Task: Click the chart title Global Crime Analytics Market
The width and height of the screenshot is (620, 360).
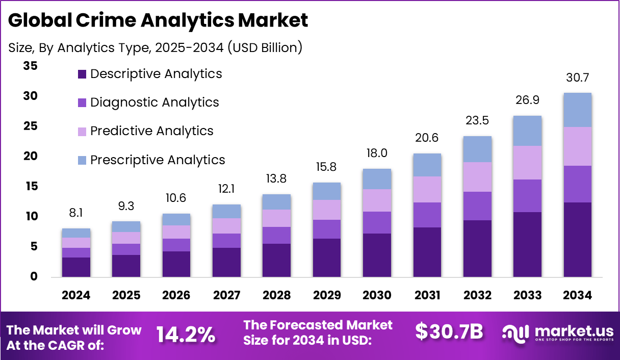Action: [x=158, y=20]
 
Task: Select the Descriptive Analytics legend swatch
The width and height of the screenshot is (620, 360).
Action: [x=82, y=74]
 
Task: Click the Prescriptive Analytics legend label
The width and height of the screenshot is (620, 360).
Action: [x=158, y=160]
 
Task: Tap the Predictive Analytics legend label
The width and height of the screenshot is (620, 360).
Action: [x=151, y=131]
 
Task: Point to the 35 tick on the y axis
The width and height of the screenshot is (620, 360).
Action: [x=31, y=66]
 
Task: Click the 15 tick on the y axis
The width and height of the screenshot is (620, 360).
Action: [x=31, y=187]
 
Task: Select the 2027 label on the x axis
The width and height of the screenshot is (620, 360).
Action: [x=226, y=296]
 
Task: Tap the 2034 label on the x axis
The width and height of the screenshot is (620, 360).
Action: [x=578, y=296]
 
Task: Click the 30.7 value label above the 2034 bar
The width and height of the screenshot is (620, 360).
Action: [x=578, y=79]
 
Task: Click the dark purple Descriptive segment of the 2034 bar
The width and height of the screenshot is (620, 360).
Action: [x=578, y=240]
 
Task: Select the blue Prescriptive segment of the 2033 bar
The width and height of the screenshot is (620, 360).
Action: [x=527, y=131]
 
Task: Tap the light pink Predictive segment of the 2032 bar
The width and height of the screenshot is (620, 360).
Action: [x=477, y=177]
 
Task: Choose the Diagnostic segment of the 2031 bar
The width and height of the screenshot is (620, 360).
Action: [x=427, y=215]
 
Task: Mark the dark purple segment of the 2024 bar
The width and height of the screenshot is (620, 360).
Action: [x=76, y=267]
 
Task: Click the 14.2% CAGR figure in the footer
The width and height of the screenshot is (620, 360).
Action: [x=186, y=335]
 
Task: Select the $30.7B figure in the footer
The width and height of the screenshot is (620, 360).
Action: [x=449, y=332]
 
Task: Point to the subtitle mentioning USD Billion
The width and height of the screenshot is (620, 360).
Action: [x=156, y=48]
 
